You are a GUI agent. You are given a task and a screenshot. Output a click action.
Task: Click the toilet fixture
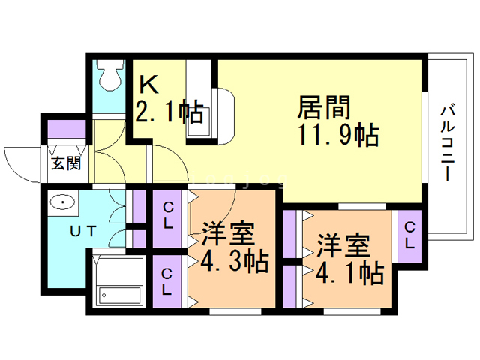tap(110, 76)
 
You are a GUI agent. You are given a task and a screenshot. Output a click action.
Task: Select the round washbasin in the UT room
tap(62, 202)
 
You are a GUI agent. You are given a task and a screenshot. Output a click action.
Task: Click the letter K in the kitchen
tap(145, 84)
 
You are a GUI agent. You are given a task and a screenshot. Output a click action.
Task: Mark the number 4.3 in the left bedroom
tap(218, 262)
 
